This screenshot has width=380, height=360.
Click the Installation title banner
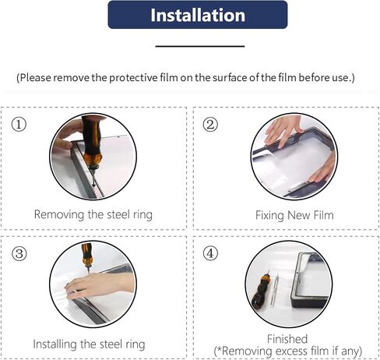(x=198, y=15)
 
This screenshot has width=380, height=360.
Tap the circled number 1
(x=19, y=124)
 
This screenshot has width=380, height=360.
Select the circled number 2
(x=210, y=124)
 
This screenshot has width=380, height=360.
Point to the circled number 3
(x=19, y=253)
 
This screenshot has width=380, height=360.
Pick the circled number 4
(x=210, y=253)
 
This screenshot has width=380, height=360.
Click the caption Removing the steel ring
(x=93, y=215)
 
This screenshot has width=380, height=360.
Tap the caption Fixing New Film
(x=294, y=215)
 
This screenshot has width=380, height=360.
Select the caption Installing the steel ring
(x=89, y=344)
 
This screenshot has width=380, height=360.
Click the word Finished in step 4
(x=287, y=339)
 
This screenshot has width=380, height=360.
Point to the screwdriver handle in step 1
(x=91, y=138)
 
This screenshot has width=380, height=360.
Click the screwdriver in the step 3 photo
(x=86, y=257)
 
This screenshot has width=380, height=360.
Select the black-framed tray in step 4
(x=311, y=280)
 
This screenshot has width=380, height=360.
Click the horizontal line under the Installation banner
(x=200, y=47)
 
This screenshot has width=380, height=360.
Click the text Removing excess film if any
(x=288, y=351)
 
